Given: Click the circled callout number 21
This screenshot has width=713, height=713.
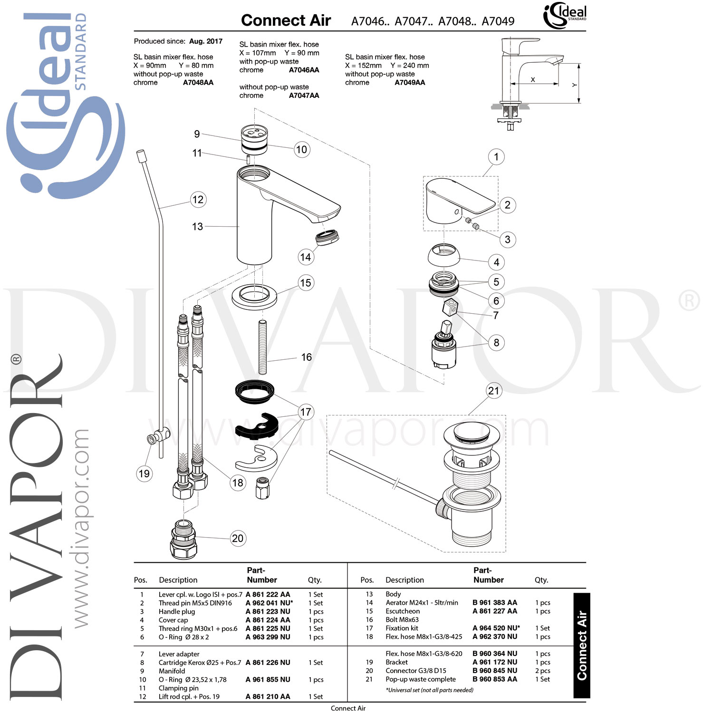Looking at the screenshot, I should (494, 391).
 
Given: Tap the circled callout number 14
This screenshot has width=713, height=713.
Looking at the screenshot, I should (306, 257).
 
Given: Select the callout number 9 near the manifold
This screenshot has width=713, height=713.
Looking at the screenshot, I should (197, 134).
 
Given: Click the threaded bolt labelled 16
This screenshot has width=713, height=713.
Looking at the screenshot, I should (262, 347).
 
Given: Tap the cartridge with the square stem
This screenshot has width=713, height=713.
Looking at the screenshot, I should (443, 349).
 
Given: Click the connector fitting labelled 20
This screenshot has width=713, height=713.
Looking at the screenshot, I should (183, 539).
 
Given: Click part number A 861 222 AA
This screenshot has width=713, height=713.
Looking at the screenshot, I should (268, 594).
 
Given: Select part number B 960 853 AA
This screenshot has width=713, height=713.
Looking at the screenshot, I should (494, 679).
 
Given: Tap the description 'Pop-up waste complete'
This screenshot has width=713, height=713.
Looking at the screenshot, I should (420, 679).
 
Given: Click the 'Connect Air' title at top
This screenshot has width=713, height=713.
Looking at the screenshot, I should (286, 20).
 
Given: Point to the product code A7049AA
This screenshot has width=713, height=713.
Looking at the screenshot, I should (410, 83).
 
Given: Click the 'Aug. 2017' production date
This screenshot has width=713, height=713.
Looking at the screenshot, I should (205, 41).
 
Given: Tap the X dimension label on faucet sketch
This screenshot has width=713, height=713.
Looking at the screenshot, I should (532, 79).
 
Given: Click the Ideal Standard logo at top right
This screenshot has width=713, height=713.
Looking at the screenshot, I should (565, 16).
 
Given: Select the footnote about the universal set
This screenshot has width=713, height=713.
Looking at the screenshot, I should (429, 690).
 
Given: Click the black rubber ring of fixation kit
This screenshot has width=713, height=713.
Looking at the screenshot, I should (255, 391).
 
